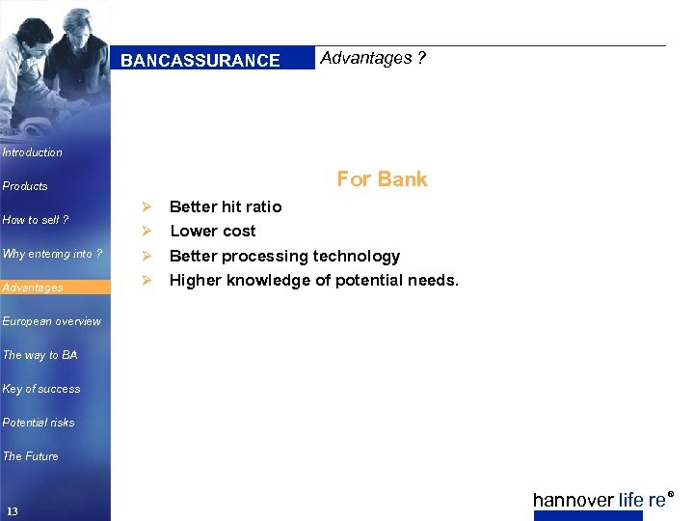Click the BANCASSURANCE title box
200,60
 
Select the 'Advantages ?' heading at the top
373,58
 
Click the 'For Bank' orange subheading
382,179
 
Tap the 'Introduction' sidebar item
33,152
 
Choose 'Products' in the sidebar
25,186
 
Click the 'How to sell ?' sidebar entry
36,220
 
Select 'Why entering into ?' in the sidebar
52,254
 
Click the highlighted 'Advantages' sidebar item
34,288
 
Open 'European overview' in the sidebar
51,321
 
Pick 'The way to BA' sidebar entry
40,355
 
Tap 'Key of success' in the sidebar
41,389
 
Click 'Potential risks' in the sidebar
39,423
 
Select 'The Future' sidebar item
31,456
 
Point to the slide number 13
12,510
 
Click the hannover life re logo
601,500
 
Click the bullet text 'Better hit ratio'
226,206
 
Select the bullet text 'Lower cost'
213,231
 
